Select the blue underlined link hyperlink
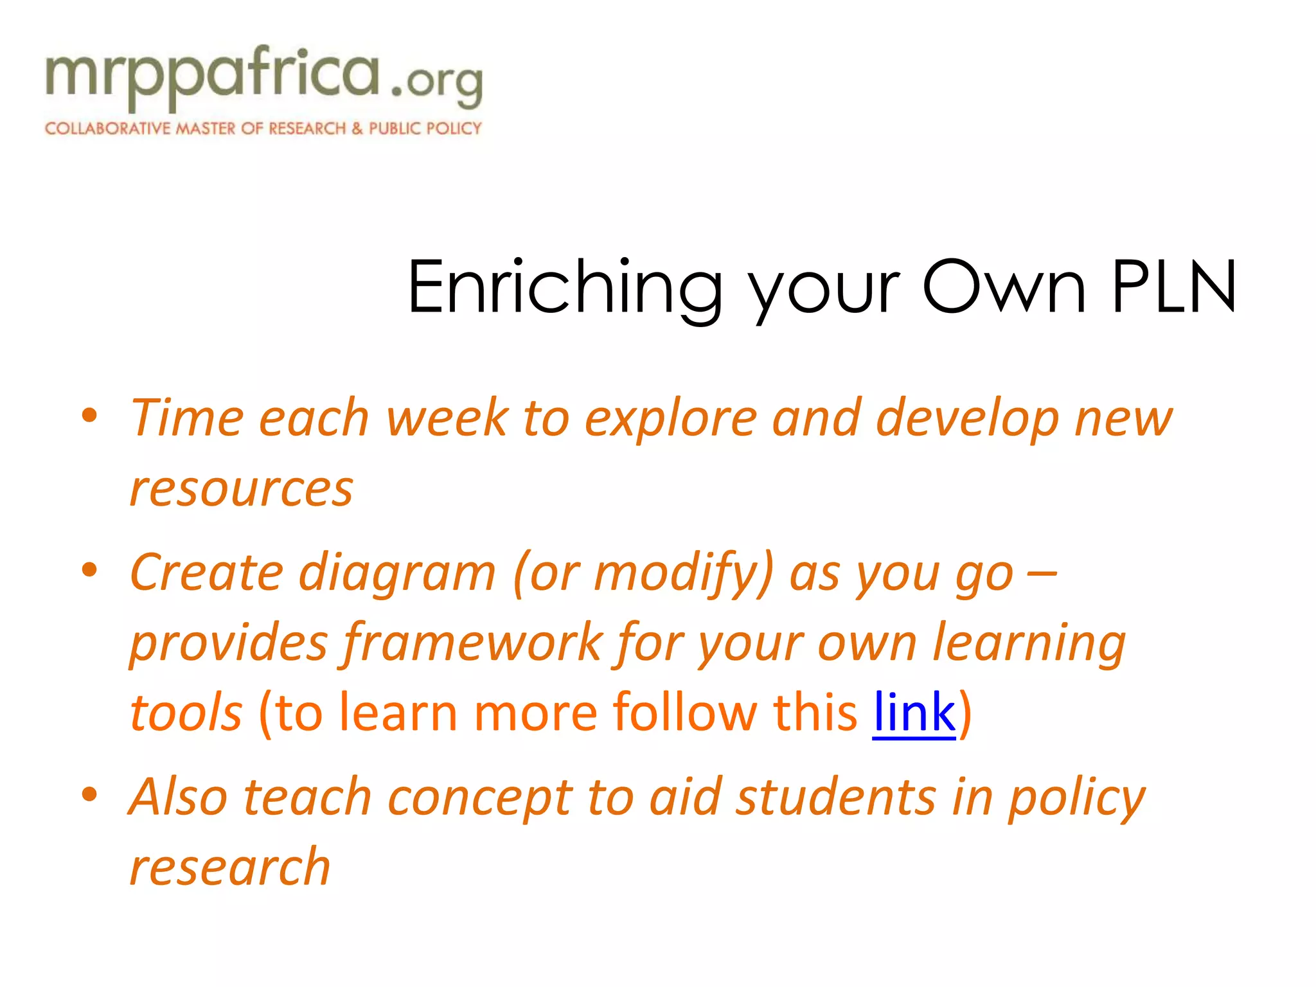pyautogui.click(x=914, y=713)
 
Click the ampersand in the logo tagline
pyautogui.click(x=357, y=129)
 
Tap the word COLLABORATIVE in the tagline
pyautogui.click(x=107, y=129)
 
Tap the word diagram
pyautogui.click(x=397, y=573)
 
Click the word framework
pyautogui.click(x=472, y=643)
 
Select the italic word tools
pyautogui.click(x=186, y=713)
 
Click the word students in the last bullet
pyautogui.click(x=835, y=797)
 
